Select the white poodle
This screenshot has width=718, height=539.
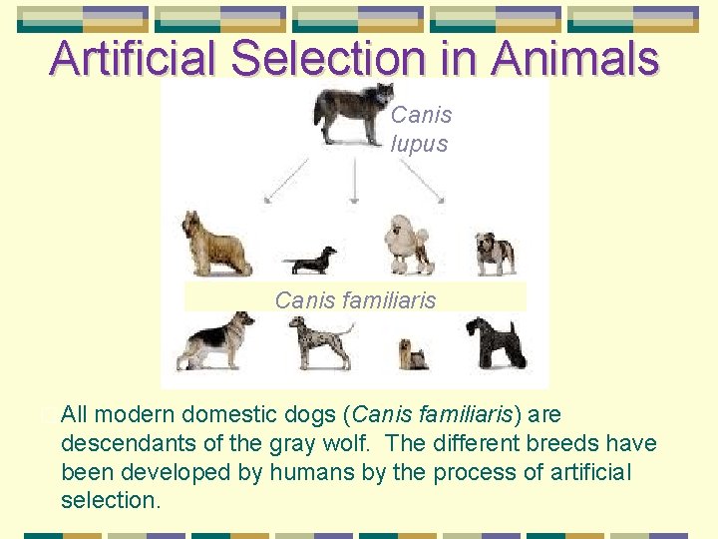pyautogui.click(x=407, y=244)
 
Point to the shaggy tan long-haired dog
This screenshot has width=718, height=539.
pyautogui.click(x=214, y=244)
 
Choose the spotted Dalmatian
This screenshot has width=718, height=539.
pyautogui.click(x=320, y=342)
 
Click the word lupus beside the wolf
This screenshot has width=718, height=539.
pyautogui.click(x=419, y=144)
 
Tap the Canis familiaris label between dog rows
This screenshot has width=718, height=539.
pyautogui.click(x=355, y=299)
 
